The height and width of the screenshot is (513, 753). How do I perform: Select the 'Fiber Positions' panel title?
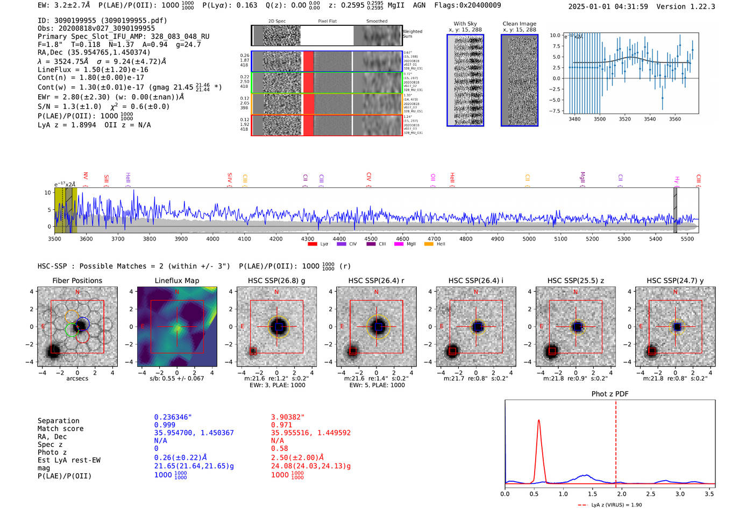77,280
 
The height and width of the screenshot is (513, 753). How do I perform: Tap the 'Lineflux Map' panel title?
177,280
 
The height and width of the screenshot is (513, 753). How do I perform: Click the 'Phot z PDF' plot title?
610,394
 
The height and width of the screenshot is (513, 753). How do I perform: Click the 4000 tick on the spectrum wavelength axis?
212,238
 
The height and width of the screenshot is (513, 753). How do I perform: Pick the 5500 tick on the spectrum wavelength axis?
687,238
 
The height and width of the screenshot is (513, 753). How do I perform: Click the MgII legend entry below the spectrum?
411,244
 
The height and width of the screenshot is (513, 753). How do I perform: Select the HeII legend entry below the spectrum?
441,244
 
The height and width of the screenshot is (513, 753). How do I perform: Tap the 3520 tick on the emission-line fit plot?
625,119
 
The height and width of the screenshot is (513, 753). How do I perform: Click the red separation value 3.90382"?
288,417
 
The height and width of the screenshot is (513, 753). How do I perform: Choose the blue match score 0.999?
165,425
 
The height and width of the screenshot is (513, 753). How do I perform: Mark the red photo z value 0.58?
280,448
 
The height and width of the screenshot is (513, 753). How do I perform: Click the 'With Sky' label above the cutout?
465,24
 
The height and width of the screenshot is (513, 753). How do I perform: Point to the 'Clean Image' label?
520,24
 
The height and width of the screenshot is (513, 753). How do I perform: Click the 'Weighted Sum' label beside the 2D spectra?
413,34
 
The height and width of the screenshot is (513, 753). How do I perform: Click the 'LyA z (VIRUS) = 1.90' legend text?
616,505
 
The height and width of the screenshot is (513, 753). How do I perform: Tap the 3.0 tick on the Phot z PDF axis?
680,494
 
